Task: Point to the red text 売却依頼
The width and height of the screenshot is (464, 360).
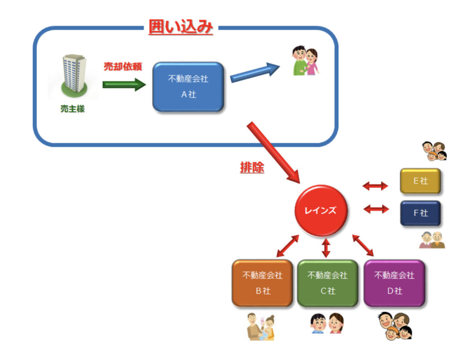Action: [x=123, y=67]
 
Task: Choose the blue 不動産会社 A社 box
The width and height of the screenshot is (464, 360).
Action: [x=188, y=86]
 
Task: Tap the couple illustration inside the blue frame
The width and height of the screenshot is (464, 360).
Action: [x=304, y=61]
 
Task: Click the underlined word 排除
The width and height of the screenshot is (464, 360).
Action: [x=252, y=168]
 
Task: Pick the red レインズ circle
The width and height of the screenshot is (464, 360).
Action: [x=321, y=211]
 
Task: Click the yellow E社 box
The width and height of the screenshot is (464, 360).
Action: [x=420, y=181]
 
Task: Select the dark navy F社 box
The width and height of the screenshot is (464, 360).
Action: [x=420, y=213]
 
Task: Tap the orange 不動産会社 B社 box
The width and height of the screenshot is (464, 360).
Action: [x=262, y=283]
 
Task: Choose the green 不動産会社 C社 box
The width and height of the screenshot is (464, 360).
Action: [x=327, y=283]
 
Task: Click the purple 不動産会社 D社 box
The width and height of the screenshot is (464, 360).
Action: [x=394, y=283]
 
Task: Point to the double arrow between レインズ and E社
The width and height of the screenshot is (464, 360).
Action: [x=376, y=186]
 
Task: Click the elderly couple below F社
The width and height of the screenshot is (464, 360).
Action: [x=432, y=240]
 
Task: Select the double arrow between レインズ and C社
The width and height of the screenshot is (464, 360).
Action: [x=326, y=248]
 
